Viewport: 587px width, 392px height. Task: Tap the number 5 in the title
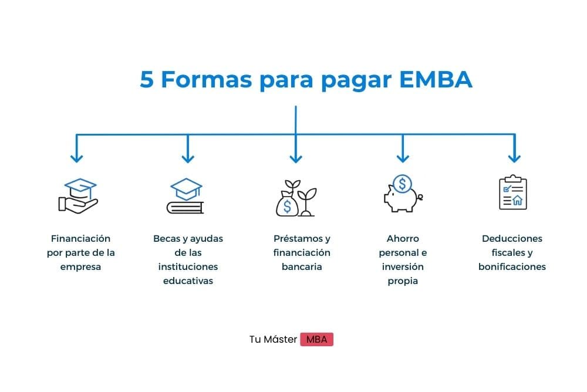pos(146,80)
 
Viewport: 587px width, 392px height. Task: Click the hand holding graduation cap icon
pos(78,195)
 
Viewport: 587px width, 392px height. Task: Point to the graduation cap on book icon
pos(185,196)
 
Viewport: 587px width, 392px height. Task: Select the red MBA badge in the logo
pos(316,340)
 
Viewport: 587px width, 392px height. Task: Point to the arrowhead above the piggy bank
pos(403,157)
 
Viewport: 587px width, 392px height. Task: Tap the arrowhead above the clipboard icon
pos(514,157)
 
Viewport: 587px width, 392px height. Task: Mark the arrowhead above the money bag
pos(296,157)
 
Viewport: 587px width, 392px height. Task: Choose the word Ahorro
pos(403,239)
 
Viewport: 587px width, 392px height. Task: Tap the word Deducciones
pos(512,239)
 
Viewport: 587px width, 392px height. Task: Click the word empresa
pos(80,267)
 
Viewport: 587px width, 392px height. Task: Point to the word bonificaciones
pos(512,267)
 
